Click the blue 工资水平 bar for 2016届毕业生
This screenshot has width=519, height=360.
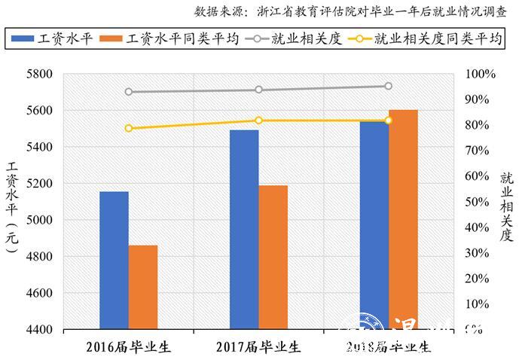(114, 260)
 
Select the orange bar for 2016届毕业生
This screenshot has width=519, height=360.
(143, 287)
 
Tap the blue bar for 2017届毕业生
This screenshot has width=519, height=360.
(244, 229)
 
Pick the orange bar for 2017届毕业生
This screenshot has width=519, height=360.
(273, 257)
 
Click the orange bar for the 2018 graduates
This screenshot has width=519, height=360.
(403, 219)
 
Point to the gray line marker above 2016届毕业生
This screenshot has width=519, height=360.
(129, 92)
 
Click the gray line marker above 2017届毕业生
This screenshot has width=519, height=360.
(258, 90)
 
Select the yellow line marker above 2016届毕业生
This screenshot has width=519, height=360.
(129, 128)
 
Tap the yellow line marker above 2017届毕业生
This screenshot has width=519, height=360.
(258, 121)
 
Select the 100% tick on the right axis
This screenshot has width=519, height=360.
(481, 74)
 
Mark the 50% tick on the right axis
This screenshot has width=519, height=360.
(480, 202)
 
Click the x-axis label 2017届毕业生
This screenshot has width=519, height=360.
(258, 347)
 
